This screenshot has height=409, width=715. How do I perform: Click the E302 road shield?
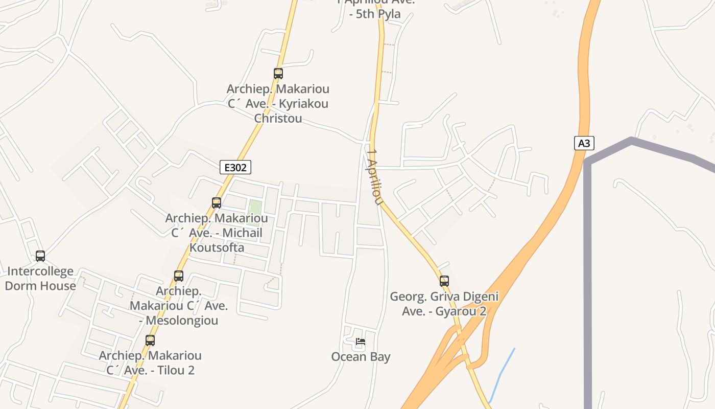(x=235, y=167)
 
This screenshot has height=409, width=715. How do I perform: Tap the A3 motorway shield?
(x=584, y=143)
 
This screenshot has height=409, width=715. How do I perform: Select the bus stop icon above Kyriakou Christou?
(x=278, y=74)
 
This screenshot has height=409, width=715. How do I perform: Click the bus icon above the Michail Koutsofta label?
(x=217, y=203)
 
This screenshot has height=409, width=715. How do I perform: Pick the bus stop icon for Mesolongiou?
(x=179, y=276)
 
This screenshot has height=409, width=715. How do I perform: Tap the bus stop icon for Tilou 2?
(x=150, y=340)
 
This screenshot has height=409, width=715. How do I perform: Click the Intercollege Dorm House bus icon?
(x=40, y=256)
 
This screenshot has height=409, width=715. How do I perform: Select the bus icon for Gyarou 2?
(x=444, y=281)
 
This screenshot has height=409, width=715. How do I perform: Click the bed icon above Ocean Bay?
(x=361, y=342)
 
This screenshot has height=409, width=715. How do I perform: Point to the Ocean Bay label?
(x=361, y=357)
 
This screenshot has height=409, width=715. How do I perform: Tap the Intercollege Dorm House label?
(x=40, y=279)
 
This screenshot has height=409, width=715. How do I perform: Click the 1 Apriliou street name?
(x=374, y=177)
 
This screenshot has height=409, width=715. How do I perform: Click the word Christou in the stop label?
(x=278, y=119)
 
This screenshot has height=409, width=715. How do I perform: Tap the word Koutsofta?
(x=217, y=248)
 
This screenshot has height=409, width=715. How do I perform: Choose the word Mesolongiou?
(x=182, y=321)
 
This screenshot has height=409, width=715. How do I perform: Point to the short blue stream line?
(x=503, y=373)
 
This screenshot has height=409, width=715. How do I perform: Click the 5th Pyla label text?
(x=374, y=14)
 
